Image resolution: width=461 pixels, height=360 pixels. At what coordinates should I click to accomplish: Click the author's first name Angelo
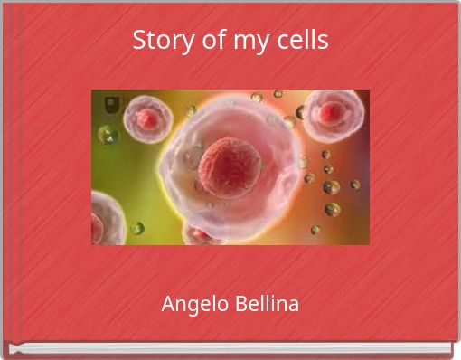tap(191, 305)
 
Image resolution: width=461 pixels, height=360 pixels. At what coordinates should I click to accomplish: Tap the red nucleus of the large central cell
tap(230, 167)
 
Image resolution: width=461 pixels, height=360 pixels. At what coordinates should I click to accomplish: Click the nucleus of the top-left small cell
tap(146, 118)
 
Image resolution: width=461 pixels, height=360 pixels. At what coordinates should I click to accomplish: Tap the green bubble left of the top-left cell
tap(108, 135)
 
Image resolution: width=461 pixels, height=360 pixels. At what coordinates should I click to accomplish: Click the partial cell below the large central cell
tap(202, 236)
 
